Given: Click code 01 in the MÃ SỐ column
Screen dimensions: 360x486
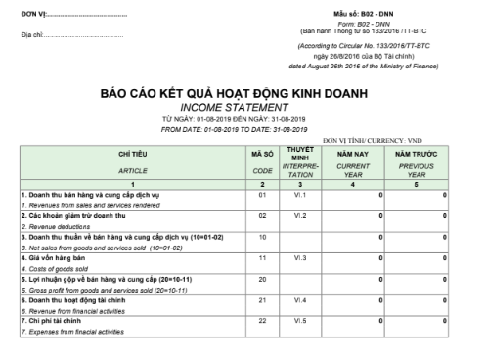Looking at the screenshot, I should pyautogui.click(x=261, y=196).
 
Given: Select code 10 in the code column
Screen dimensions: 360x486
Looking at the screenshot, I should pyautogui.click(x=261, y=237).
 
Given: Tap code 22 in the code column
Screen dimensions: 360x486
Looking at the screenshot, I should pyautogui.click(x=261, y=320).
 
